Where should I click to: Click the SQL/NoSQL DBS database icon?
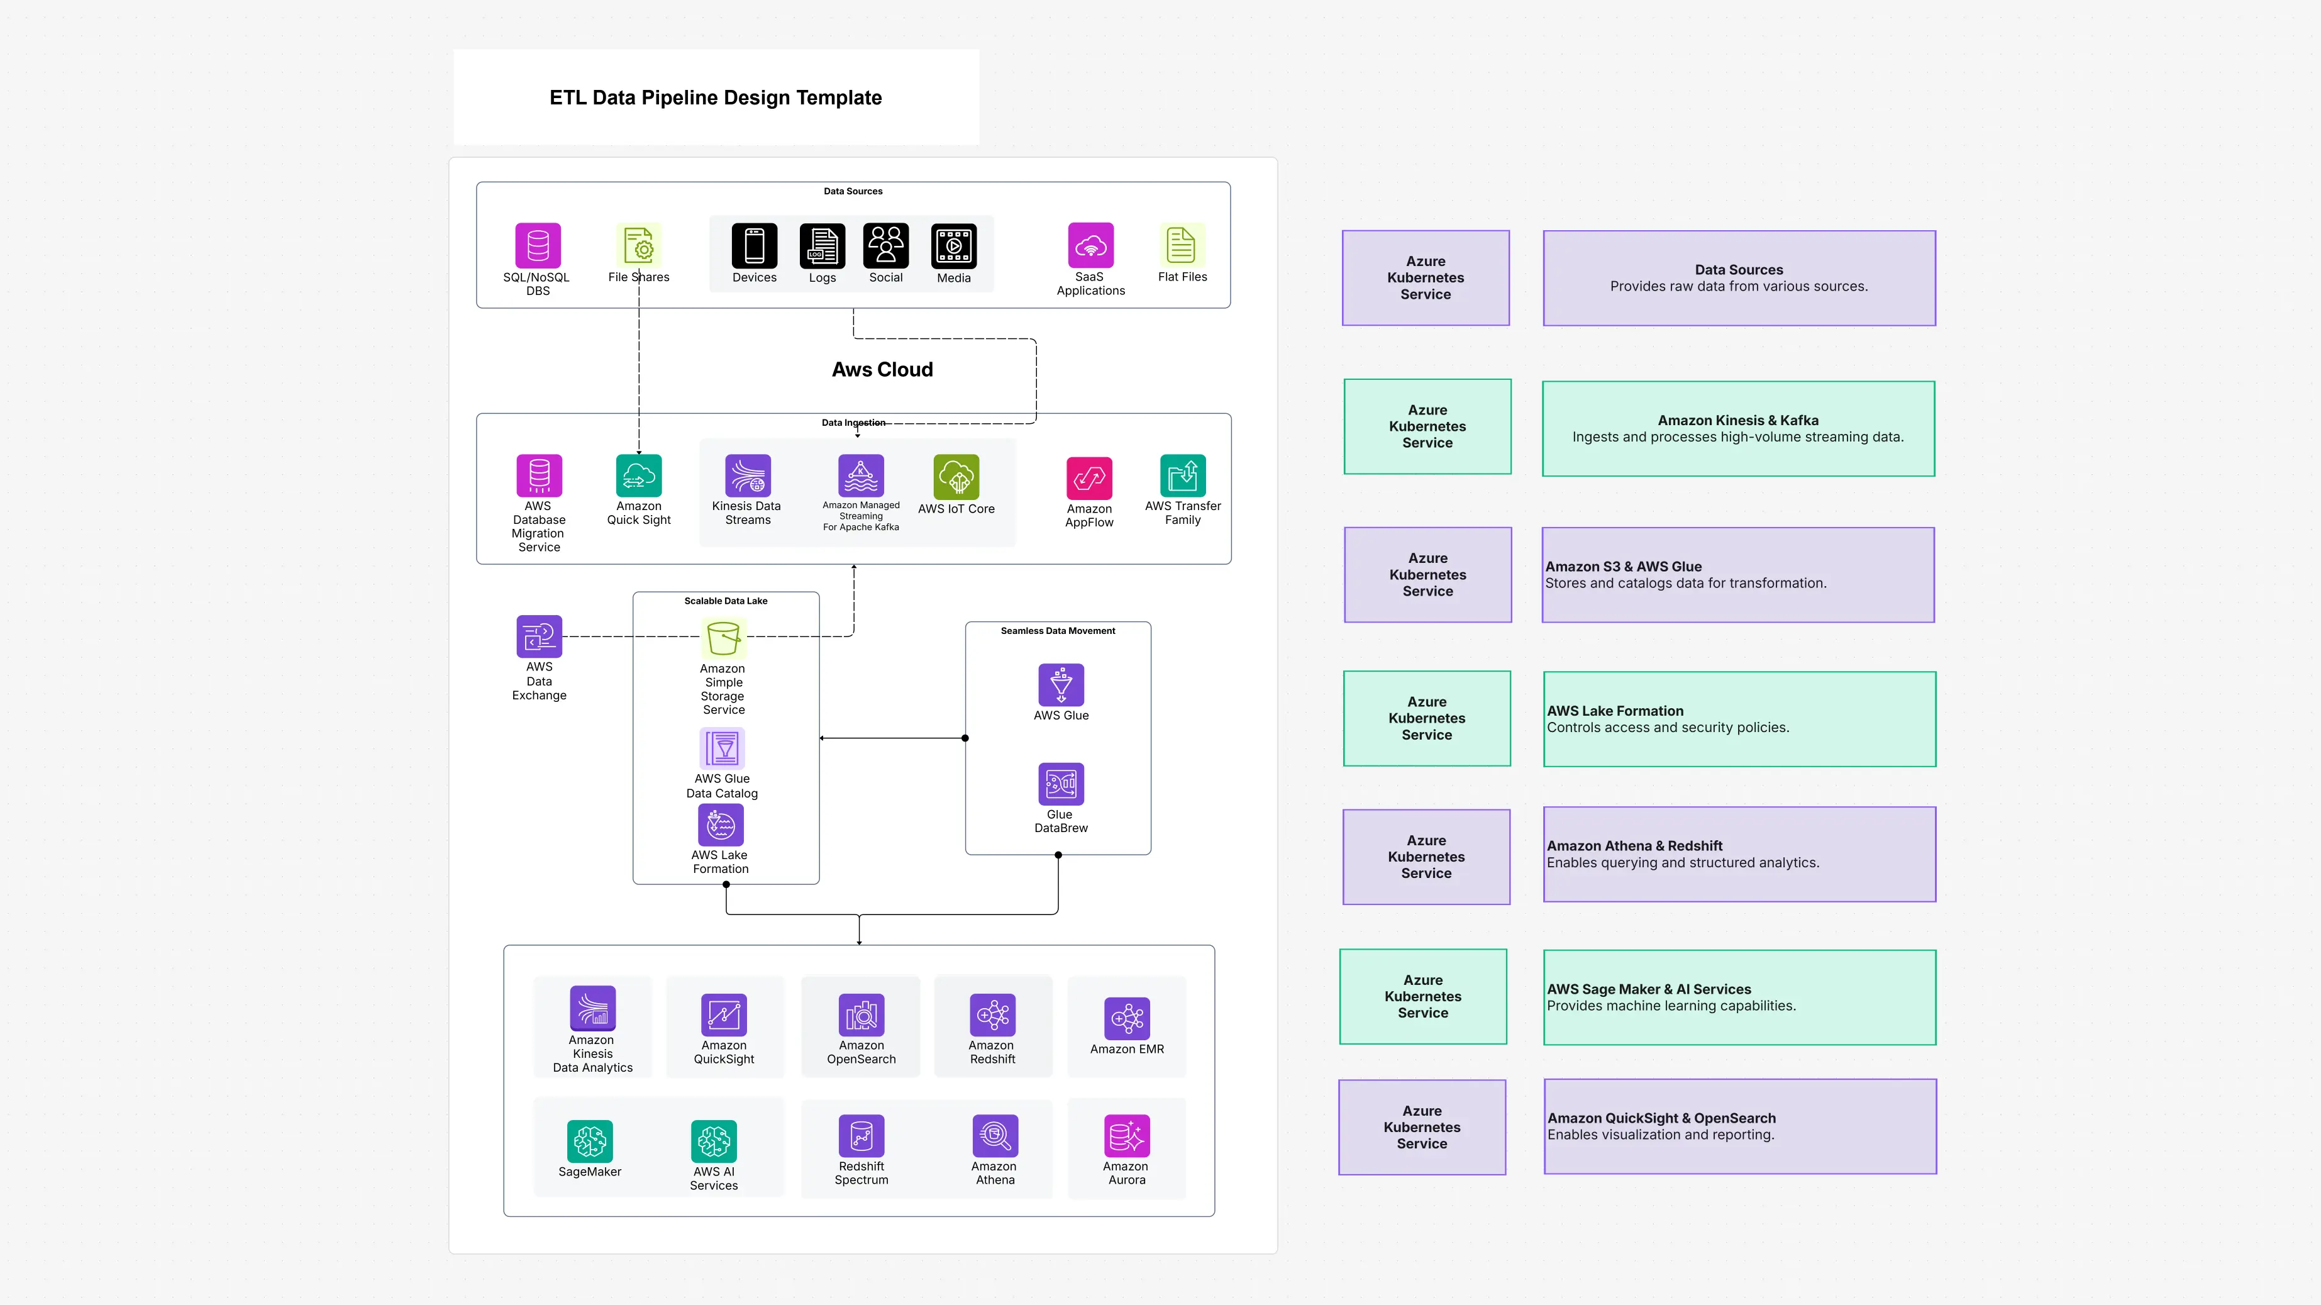coord(538,245)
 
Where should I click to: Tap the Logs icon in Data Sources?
coord(822,246)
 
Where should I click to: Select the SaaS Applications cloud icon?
coord(1090,245)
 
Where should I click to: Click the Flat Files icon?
coord(1181,245)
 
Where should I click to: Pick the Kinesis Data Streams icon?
coord(748,476)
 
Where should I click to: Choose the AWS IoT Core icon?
coord(956,477)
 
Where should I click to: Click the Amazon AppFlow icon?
coord(1088,477)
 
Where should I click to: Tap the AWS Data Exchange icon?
coord(539,636)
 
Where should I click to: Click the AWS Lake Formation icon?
coord(721,825)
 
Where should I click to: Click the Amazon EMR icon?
coord(1126,1018)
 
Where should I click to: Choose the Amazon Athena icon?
coord(995,1136)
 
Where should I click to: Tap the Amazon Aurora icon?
coord(1126,1136)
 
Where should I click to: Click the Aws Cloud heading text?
coord(882,370)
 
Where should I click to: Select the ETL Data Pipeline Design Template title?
coord(716,97)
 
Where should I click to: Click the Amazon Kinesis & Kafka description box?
coord(1738,429)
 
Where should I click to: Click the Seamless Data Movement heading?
coord(1058,631)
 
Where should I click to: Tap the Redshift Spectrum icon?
coord(861,1136)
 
